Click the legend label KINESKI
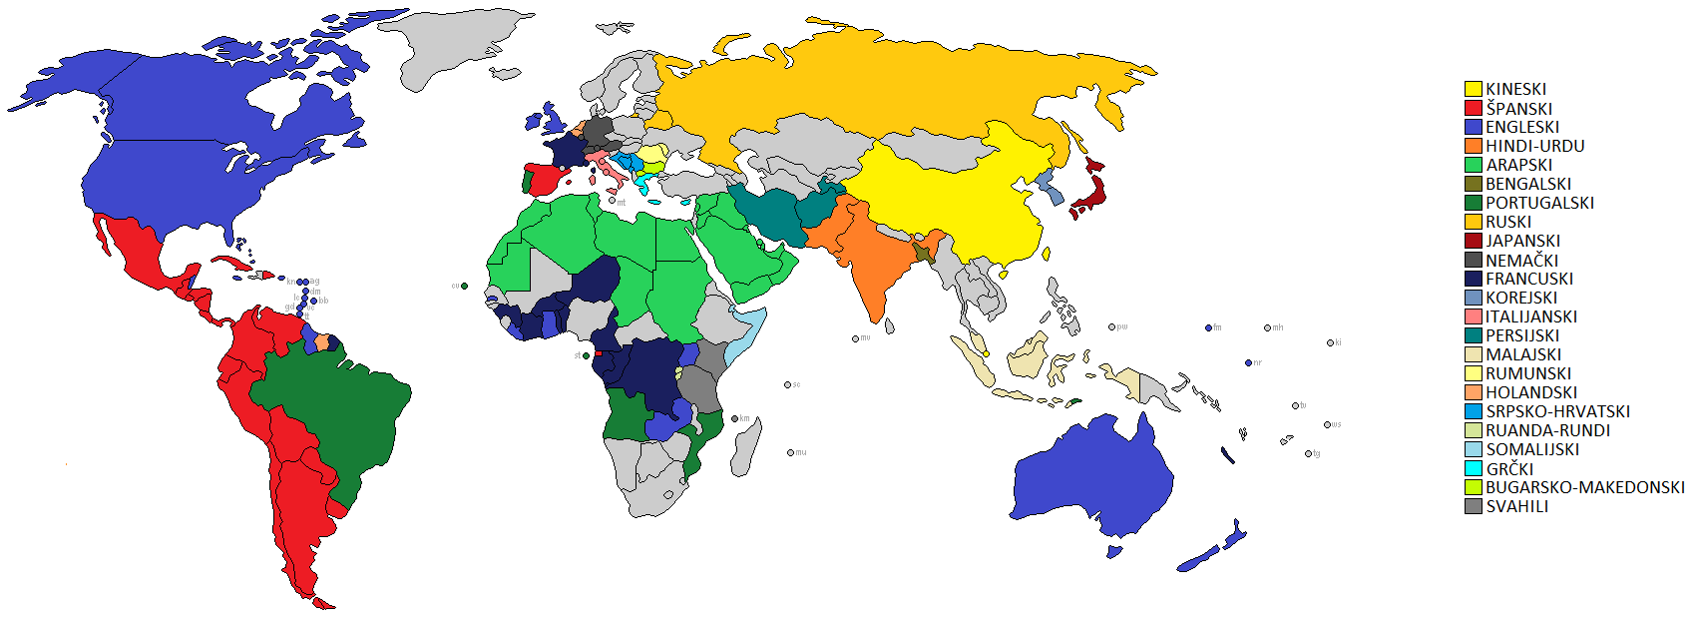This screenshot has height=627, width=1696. (x=1515, y=89)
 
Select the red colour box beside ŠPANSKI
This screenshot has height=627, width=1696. (x=1473, y=108)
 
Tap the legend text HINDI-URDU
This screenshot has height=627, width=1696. (x=1534, y=146)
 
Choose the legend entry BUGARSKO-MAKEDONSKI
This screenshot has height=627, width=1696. (x=1584, y=487)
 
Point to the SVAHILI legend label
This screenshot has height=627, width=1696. (x=1516, y=506)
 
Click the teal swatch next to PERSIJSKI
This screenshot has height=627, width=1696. (x=1473, y=335)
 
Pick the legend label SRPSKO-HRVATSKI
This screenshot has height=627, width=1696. (x=1557, y=411)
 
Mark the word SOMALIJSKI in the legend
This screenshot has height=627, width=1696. (x=1532, y=449)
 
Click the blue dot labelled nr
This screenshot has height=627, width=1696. (x=1248, y=362)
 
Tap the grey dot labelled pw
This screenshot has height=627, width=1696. (x=1111, y=326)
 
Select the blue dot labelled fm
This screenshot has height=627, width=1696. (x=1208, y=327)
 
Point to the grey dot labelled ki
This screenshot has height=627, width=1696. (x=1330, y=342)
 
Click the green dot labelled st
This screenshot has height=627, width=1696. (x=586, y=355)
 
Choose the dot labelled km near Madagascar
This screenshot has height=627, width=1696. (x=734, y=419)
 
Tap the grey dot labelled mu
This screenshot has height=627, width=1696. (x=790, y=453)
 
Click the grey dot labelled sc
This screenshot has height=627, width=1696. (x=787, y=384)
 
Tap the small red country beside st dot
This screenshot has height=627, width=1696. (x=598, y=353)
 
